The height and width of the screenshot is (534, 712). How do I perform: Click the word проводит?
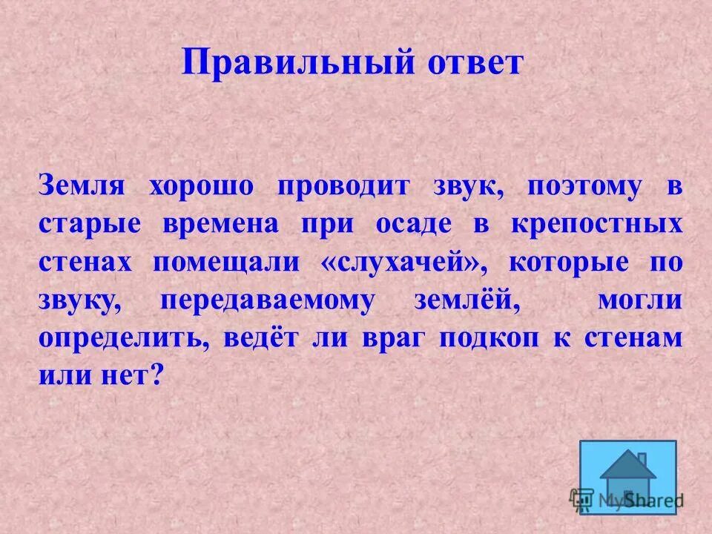tap(343, 185)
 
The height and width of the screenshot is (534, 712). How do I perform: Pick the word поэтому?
tap(584, 185)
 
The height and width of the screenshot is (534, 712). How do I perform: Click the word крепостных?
tap(596, 224)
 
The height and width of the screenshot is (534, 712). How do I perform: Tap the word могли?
tap(638, 301)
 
